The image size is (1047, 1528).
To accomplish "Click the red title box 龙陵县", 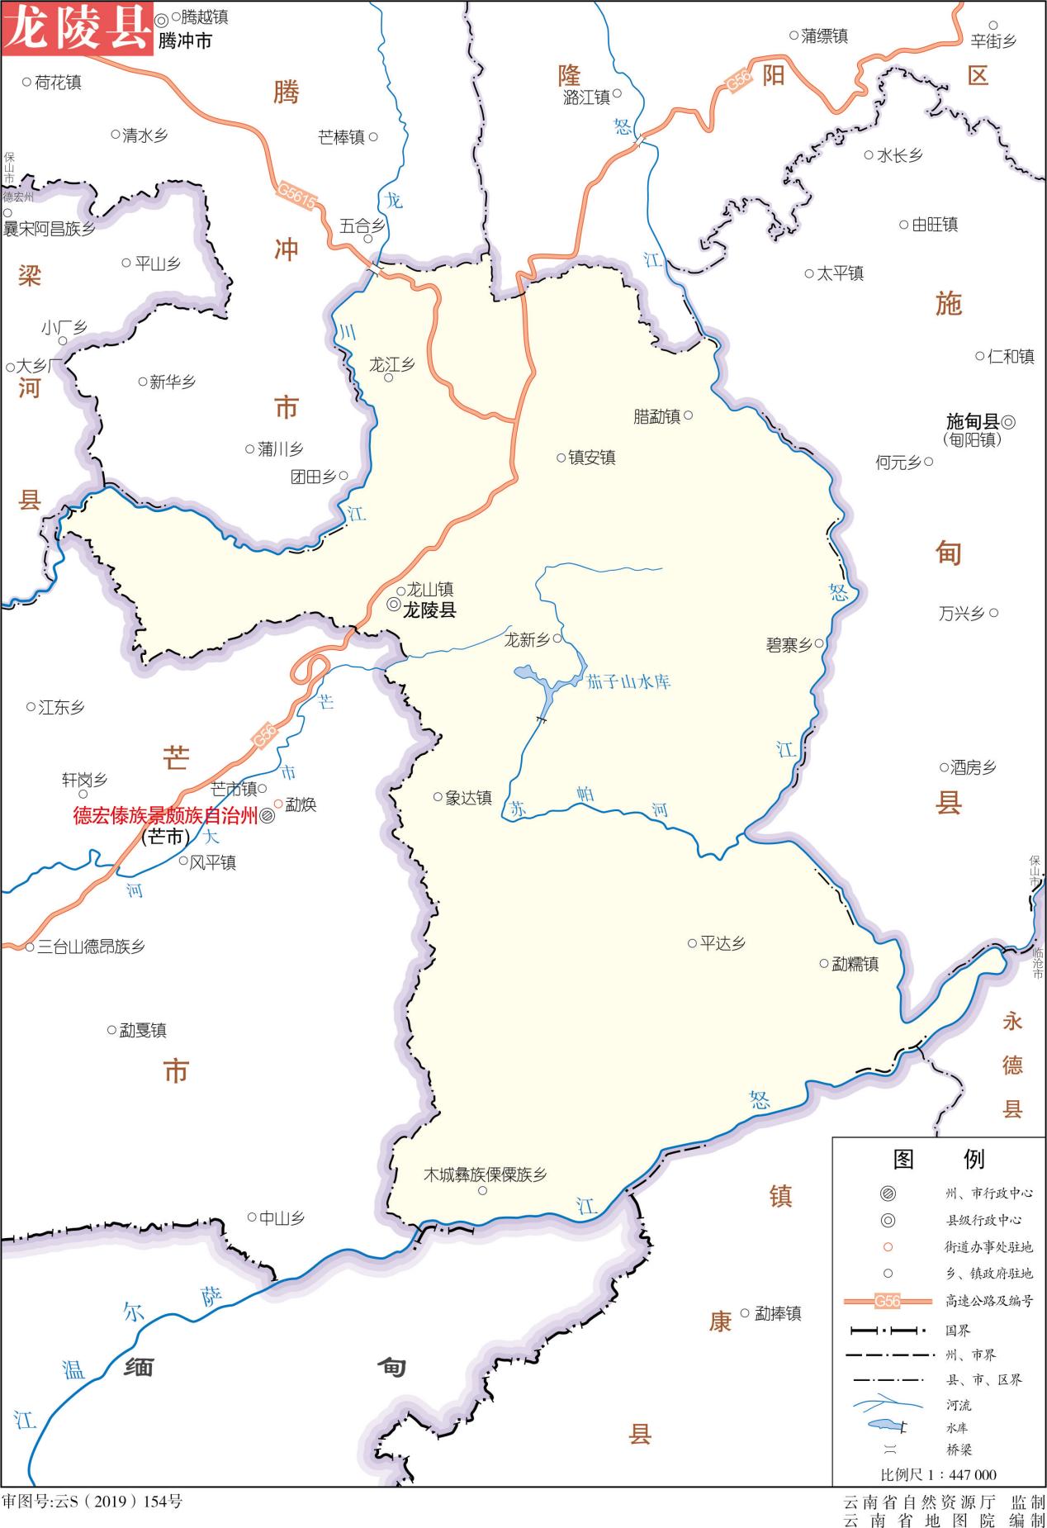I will [x=77, y=28].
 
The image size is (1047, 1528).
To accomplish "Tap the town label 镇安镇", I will [x=591, y=458].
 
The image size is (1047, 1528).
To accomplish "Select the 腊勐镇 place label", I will [x=657, y=416].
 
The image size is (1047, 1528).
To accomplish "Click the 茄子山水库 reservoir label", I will [x=628, y=682].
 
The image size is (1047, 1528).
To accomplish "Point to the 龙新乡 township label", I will [x=527, y=639].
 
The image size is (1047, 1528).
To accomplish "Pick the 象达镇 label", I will [x=468, y=798].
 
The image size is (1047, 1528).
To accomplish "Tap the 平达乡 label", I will [x=722, y=943].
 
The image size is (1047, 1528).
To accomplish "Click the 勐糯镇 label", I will [x=855, y=964].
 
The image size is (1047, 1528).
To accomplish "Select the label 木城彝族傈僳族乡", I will [x=485, y=1174].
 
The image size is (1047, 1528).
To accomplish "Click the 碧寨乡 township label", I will [x=789, y=645].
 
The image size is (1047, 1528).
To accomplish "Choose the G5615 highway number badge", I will [x=296, y=197].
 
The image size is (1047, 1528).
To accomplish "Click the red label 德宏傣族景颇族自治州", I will [x=165, y=816].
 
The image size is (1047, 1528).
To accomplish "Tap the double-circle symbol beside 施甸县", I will [x=1008, y=422].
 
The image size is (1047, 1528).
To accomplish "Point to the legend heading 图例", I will [x=939, y=1159].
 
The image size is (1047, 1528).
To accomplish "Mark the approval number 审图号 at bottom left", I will [x=92, y=1501].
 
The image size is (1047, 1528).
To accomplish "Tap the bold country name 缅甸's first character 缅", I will [x=139, y=1368].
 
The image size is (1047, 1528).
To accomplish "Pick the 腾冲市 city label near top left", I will [x=185, y=40].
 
